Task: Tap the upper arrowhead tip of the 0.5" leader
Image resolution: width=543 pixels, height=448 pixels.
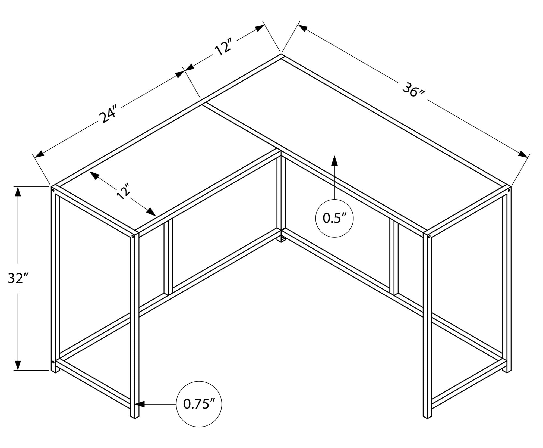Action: tap(335, 155)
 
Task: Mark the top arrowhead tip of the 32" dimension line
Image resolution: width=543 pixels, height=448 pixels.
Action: tap(18, 187)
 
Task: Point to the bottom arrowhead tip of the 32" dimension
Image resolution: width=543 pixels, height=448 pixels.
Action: tap(18, 370)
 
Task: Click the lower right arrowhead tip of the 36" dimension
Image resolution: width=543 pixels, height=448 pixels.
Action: tap(528, 157)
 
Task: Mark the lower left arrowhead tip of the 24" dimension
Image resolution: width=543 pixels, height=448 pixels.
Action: tap(35, 157)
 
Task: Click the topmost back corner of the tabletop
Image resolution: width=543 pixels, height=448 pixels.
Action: tap(281, 54)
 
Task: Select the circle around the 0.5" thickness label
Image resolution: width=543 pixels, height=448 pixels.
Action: tap(334, 218)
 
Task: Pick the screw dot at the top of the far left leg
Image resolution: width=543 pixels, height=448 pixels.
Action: tap(53, 191)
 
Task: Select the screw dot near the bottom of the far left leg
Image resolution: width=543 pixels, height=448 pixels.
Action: tap(53, 362)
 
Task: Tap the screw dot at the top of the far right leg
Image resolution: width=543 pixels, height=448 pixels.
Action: tap(509, 191)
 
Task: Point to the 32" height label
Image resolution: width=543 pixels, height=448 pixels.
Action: tap(18, 278)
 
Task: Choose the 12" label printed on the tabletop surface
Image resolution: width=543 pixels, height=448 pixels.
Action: tap(123, 191)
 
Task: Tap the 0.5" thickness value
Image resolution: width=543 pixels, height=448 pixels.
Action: tap(335, 218)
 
